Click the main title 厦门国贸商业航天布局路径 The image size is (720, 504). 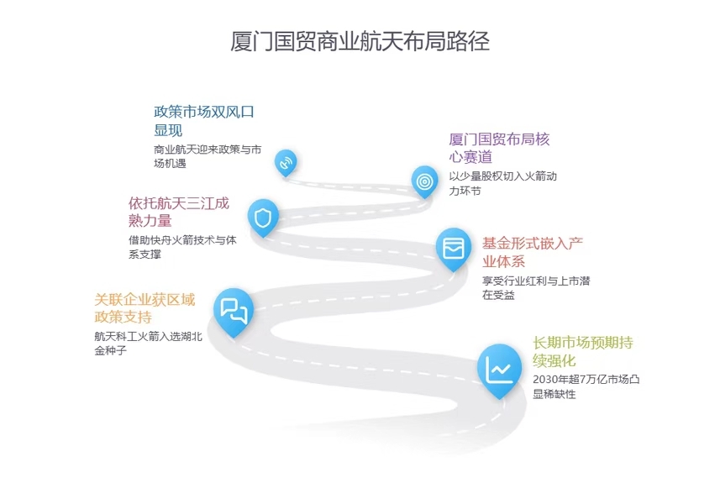tap(360, 41)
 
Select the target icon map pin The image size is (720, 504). tap(424, 181)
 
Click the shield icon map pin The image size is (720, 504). tap(263, 218)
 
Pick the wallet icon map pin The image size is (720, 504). tap(454, 247)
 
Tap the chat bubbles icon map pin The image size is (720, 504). tap(233, 309)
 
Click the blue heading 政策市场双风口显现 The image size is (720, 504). tap(203, 121)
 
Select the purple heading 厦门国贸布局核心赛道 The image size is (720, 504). tap(499, 148)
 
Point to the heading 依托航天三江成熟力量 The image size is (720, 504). tap(178, 212)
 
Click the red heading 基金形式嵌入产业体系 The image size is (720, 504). tap(532, 251)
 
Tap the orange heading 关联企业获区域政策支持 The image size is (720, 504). tap(145, 308)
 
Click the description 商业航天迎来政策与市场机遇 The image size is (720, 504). tap(208, 156)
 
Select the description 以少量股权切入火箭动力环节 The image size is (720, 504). tap(502, 183)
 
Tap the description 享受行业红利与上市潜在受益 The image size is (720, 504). tap(535, 287)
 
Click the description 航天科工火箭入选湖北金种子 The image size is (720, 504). tap(149, 343)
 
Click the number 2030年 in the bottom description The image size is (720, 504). tap(550, 380)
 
